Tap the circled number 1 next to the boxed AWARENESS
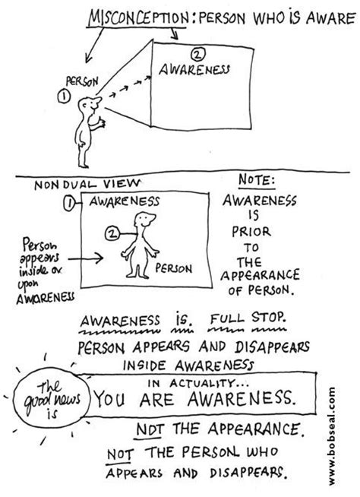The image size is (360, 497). [x=69, y=202]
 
